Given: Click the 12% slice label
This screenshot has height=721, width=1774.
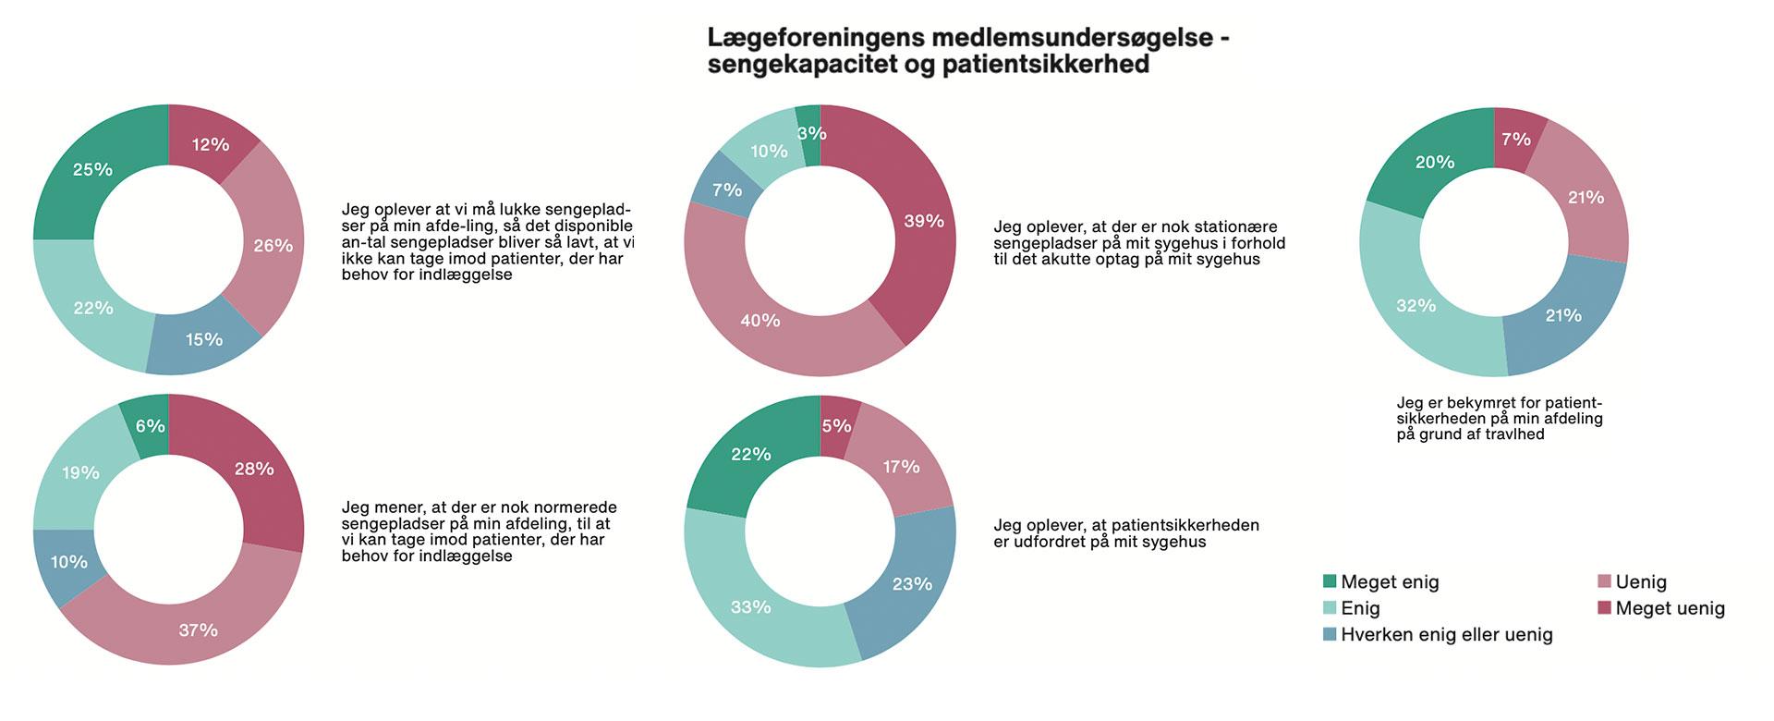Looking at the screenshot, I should click(211, 144).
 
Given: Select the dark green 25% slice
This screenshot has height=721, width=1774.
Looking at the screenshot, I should click(92, 170).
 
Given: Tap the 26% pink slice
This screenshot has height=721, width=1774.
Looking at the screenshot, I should click(273, 246).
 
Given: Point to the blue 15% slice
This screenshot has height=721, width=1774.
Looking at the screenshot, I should click(203, 340).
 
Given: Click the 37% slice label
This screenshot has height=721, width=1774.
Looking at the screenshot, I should click(198, 630).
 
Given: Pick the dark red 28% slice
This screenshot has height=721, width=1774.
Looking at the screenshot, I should click(254, 470).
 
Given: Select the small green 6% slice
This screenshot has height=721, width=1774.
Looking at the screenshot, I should click(150, 426).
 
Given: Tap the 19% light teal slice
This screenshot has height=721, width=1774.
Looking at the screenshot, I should click(80, 473).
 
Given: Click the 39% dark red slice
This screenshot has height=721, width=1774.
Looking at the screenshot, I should click(924, 222).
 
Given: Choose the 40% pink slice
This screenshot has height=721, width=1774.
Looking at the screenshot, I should click(759, 321).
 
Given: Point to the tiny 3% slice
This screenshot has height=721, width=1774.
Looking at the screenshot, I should click(810, 133).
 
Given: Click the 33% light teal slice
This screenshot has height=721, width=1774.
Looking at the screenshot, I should click(750, 607).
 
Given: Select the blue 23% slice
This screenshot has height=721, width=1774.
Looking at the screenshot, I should click(912, 584).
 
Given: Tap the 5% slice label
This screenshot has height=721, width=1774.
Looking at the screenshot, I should click(836, 426).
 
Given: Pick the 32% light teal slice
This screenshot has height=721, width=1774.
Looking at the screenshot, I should click(1416, 306).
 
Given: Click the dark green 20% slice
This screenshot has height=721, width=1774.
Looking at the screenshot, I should click(1435, 163).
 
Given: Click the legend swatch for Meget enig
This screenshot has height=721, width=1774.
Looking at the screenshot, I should click(1330, 581).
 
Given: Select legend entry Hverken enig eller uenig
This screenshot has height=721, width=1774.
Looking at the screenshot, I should click(1446, 635).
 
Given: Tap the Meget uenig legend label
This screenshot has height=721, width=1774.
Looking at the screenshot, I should click(1670, 608).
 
